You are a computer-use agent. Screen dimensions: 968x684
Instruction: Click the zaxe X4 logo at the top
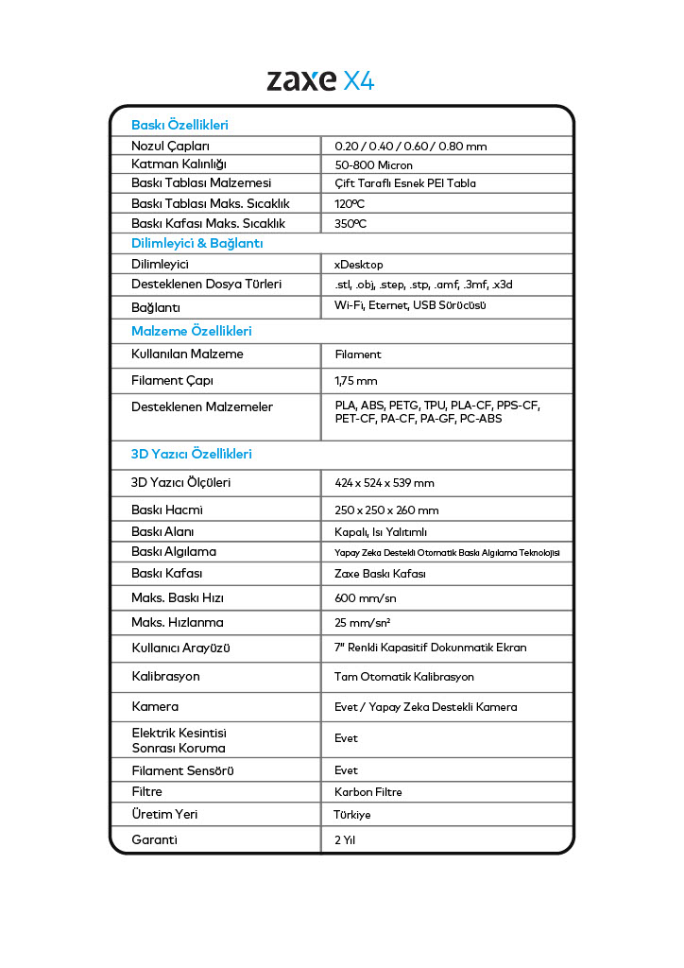point(320,80)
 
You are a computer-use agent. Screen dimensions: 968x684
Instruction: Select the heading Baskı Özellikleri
point(180,125)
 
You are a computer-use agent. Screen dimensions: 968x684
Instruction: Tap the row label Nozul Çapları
point(170,147)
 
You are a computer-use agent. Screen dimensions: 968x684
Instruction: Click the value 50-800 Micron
point(373,165)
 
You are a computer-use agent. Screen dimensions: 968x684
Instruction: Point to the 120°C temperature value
point(351,204)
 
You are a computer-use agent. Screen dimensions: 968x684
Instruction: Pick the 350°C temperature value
point(351,224)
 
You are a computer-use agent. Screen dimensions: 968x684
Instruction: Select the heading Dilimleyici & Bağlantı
point(197,244)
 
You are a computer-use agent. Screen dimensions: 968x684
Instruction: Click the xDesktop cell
point(359,265)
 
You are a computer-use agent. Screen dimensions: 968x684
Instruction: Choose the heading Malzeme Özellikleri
point(191,332)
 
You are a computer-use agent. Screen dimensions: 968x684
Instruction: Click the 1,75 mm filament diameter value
point(356,381)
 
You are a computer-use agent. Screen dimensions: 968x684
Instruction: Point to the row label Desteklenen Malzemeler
point(202,407)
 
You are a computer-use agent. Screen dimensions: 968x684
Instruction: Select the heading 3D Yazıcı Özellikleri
point(191,455)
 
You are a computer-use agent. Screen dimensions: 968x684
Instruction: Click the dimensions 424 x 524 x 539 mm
point(385,483)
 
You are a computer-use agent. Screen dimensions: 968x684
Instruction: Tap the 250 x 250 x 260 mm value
point(386,510)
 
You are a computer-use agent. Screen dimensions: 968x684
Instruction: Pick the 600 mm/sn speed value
point(366,598)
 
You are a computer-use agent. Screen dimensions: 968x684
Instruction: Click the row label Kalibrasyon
point(165,677)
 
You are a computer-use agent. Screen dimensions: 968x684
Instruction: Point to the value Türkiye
point(352,815)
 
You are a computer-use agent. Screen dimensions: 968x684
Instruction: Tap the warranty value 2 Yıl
point(345,840)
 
